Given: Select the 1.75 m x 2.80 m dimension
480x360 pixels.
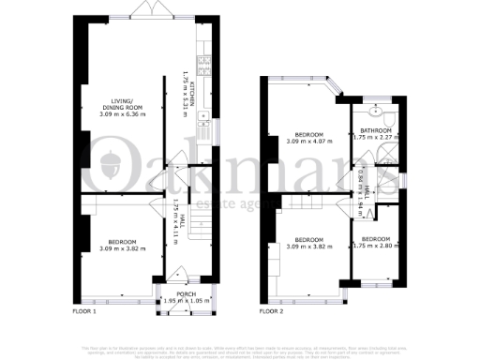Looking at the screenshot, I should (x=375, y=246).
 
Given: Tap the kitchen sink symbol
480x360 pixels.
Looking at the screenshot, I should (x=202, y=116).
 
